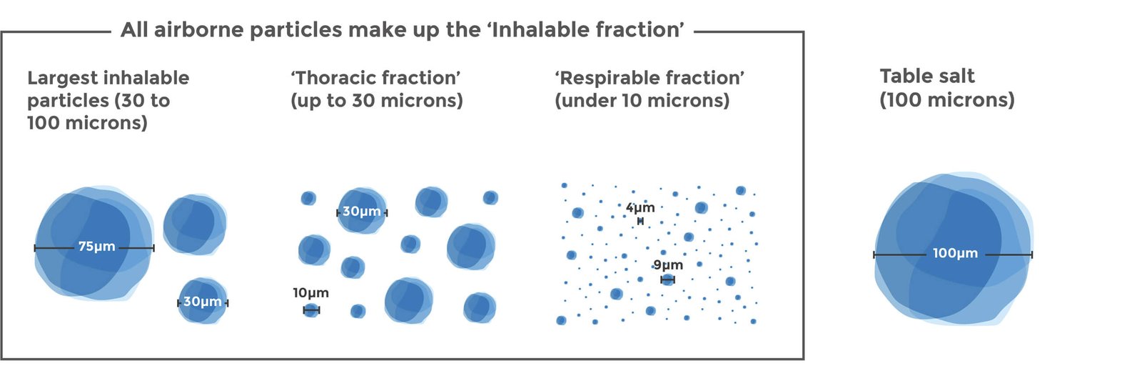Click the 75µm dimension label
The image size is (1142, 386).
97,247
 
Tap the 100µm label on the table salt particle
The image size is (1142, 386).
956,253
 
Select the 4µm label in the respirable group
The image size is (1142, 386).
640,208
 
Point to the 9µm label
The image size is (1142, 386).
668,265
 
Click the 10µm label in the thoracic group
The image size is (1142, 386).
310,293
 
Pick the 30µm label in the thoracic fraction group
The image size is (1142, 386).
361,212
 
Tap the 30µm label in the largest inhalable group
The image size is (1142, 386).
203,302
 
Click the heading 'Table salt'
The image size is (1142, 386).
927,76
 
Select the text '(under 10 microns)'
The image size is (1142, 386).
642,101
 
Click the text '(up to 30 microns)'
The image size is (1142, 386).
377,101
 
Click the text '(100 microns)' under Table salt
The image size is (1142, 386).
947,99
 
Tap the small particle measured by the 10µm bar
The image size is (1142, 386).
311,310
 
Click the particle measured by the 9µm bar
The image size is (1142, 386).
668,279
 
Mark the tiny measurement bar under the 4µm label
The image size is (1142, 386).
640,221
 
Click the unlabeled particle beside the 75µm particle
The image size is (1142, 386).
195,224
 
